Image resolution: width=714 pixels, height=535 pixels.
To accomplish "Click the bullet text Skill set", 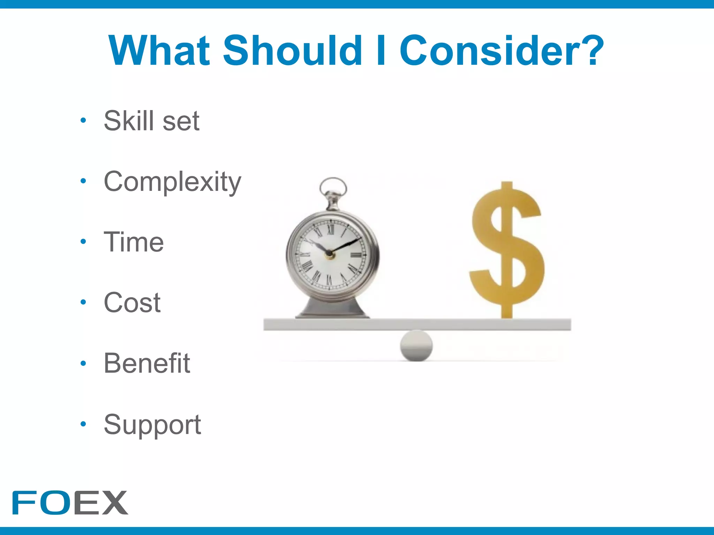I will click(152, 121).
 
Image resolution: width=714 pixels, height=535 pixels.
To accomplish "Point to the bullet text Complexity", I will click(172, 182).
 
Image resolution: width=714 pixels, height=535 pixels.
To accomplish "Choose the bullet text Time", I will click(134, 242).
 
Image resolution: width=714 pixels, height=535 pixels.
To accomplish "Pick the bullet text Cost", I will click(132, 302).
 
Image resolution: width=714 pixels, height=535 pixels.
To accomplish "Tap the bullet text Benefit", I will click(147, 363).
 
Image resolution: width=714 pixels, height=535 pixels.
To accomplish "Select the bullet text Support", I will click(152, 425).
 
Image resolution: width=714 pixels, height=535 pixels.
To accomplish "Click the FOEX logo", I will click(70, 503).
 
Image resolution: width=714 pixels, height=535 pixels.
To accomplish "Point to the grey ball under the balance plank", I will click(416, 346).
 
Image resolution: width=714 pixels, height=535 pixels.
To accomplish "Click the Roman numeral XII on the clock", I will click(331, 229).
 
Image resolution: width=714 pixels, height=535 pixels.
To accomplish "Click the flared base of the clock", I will click(332, 309).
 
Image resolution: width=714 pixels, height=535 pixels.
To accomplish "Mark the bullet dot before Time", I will click(83, 241).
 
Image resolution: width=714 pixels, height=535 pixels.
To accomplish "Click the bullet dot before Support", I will click(83, 424).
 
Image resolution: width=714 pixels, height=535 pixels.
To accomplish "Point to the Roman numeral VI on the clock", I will click(329, 280).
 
